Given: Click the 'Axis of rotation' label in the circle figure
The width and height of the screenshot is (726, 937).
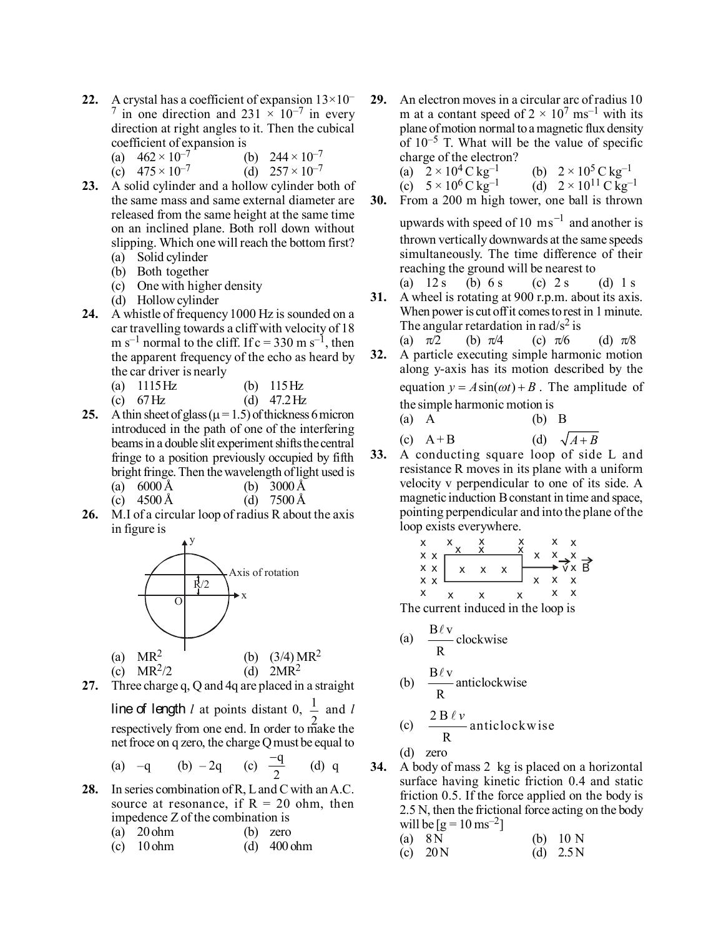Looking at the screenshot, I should (x=263, y=572).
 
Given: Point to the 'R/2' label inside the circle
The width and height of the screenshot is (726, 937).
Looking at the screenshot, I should (x=202, y=584).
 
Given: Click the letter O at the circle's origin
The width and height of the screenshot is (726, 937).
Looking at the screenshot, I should (x=178, y=602).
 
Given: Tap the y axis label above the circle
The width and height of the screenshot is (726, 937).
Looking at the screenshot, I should (x=192, y=540).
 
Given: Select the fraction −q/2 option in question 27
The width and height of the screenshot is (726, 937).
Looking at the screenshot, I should (x=277, y=766).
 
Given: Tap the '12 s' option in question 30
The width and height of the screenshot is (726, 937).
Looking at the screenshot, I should (x=436, y=283).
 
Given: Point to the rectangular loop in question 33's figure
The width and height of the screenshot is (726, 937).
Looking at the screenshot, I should (x=483, y=568).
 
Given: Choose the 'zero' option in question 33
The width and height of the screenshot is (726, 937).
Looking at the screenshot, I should (x=436, y=753).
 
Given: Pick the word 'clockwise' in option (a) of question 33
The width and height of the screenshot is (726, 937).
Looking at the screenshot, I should (x=481, y=639).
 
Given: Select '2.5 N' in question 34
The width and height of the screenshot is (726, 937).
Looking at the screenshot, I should (x=571, y=853).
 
